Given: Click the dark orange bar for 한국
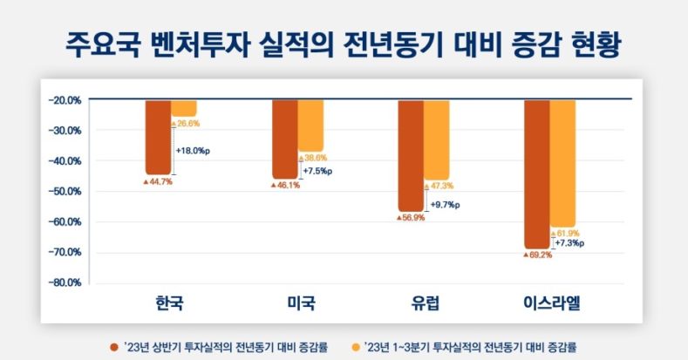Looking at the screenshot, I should [x=158, y=137].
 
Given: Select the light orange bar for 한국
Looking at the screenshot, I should [x=184, y=108].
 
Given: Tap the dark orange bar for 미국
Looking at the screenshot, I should [x=284, y=139].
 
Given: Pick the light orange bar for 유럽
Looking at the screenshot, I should [x=437, y=139].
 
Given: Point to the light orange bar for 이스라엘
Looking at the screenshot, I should [x=562, y=163].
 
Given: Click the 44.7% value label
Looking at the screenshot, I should [x=158, y=182].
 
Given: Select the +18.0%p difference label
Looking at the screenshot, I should [x=194, y=151].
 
